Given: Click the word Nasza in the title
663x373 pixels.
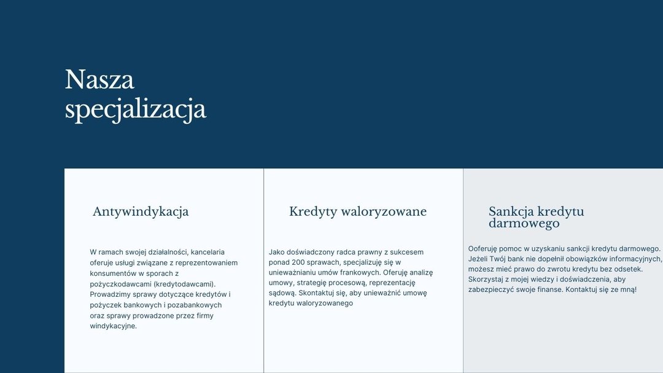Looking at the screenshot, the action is (99, 79).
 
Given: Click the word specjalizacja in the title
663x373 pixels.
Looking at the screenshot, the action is (135, 109).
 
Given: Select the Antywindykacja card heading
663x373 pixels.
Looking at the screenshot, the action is (141, 211).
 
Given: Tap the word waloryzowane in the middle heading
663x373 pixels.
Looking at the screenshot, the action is (384, 211).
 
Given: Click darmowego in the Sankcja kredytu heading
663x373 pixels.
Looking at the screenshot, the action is (524, 223).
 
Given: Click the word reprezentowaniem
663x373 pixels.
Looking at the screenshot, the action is (206, 263).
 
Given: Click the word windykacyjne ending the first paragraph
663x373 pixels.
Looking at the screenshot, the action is (114, 326).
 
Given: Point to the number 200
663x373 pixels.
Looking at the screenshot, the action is (298, 262).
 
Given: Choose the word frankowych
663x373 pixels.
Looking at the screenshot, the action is (363, 273).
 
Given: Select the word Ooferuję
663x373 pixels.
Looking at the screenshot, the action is (483, 248).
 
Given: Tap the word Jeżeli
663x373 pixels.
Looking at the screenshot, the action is (478, 259).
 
